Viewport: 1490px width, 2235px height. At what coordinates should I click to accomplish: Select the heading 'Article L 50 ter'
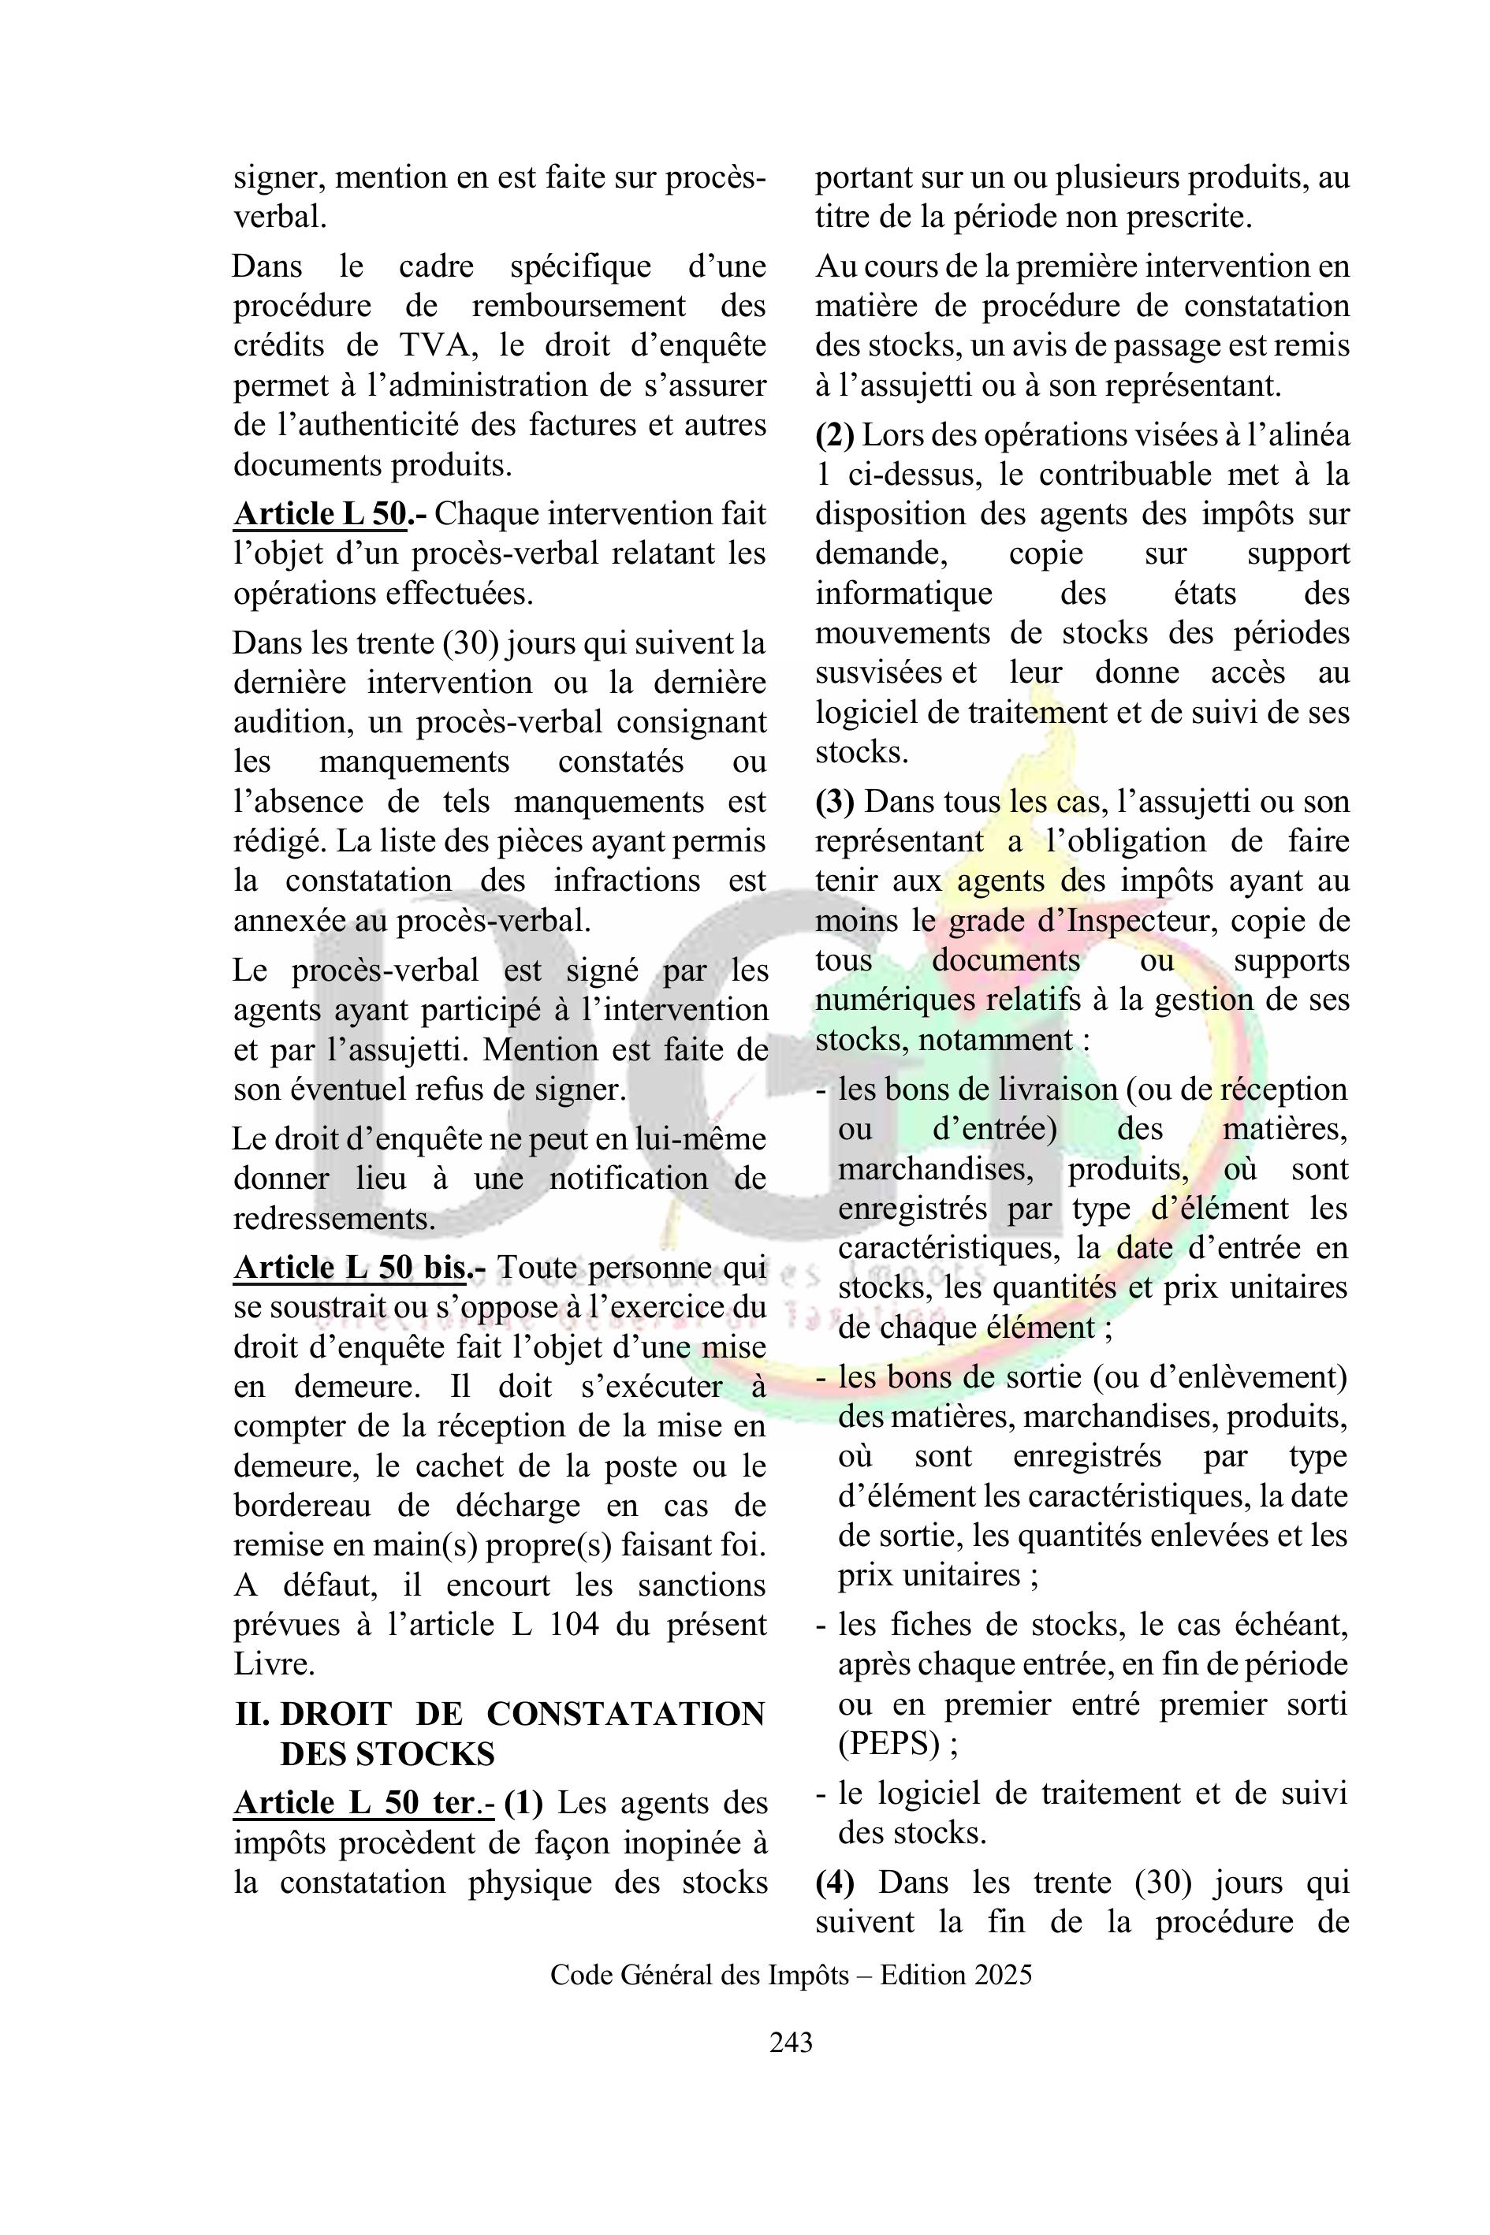coord(353,1803)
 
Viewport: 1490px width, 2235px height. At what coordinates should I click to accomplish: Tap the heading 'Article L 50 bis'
coord(348,1267)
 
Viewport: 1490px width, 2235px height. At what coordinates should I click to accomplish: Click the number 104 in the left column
coord(574,1624)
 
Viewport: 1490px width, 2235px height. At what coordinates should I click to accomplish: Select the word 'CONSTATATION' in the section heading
coord(625,1713)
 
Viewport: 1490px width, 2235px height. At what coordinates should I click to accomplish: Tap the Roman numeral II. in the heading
coord(253,1713)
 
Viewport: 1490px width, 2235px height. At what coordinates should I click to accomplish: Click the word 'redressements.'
coord(334,1218)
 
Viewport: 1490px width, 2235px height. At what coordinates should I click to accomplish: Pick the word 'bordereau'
coord(300,1505)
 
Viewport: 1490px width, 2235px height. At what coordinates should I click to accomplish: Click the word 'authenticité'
coord(367,424)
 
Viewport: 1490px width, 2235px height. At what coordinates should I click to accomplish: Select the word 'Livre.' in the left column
coord(274,1664)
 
